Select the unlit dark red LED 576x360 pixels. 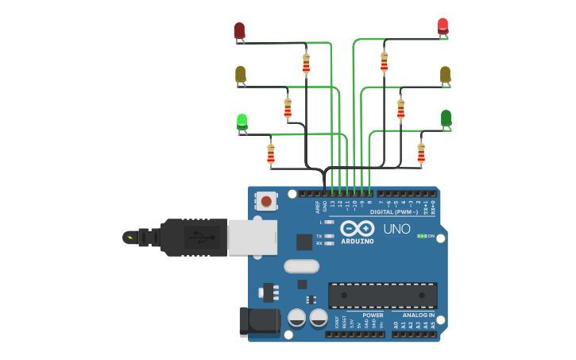click(239, 31)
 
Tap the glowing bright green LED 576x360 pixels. click(242, 122)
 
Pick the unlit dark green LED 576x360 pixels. click(446, 118)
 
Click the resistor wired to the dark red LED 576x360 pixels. click(306, 62)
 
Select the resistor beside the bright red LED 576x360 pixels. click(384, 60)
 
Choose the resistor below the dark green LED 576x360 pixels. click(421, 152)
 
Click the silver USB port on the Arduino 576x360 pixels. click(252, 237)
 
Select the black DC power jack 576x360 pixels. click(259, 321)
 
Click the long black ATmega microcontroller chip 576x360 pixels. click(382, 295)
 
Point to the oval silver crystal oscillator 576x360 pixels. click(301, 266)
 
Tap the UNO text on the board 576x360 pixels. click(396, 229)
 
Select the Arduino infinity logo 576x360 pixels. click(357, 228)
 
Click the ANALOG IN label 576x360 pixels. click(418, 315)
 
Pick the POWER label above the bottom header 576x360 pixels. click(350, 315)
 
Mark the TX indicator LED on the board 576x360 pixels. click(329, 236)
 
